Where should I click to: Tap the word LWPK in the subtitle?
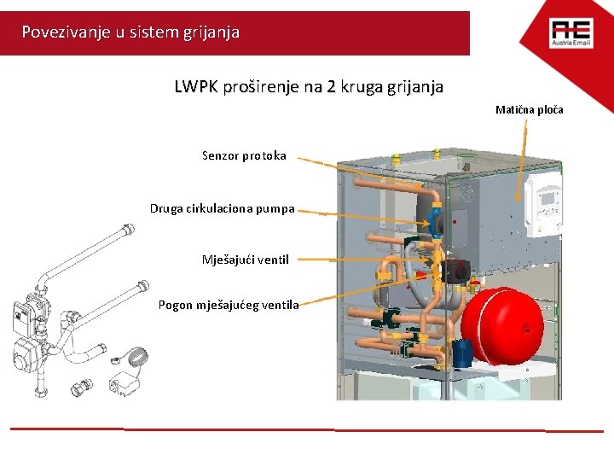194,87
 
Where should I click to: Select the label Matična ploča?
530,110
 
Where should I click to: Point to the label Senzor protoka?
244,155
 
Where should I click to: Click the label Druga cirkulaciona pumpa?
223,208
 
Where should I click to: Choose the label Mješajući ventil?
246,259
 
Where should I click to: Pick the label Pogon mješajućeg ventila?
229,305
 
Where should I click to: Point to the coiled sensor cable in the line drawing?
136,353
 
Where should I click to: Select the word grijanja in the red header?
210,32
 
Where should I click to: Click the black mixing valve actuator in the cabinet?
449,269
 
